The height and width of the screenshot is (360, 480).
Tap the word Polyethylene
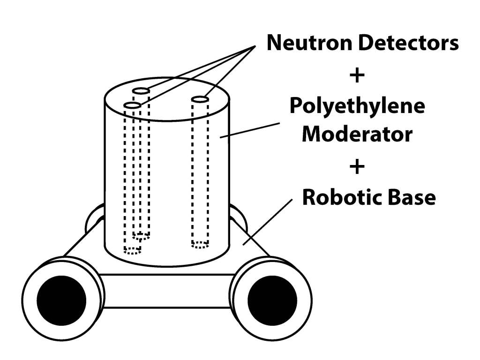(357, 105)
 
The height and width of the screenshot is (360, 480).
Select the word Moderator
(357, 135)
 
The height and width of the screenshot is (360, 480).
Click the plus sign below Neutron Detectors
(357, 75)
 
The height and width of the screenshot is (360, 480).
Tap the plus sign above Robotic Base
(357, 166)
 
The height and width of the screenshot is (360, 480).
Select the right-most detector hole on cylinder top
(200, 99)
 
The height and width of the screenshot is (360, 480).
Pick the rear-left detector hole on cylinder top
(141, 90)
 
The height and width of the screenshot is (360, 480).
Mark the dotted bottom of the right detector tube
(200, 244)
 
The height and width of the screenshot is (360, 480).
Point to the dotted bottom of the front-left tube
(132, 250)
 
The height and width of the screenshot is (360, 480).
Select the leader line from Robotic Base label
(268, 220)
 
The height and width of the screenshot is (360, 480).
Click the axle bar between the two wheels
(167, 291)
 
